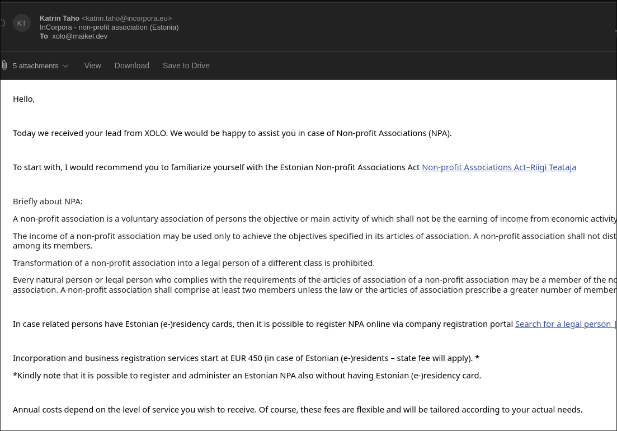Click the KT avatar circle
[x=22, y=23]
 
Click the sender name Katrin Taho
[x=59, y=18]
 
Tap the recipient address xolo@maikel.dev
[x=79, y=36]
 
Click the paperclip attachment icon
[x=4, y=65]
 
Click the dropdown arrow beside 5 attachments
[x=65, y=66]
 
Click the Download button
[x=131, y=65]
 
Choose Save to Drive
[x=186, y=65]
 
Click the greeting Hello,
[x=23, y=99]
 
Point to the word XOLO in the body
[x=156, y=133]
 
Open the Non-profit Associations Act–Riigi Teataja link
[x=498, y=167]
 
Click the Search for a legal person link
[x=564, y=324]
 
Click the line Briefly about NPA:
[x=48, y=202]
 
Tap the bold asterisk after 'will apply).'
[x=477, y=358]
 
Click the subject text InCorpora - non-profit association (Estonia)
[x=109, y=27]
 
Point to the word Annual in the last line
[x=26, y=410]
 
